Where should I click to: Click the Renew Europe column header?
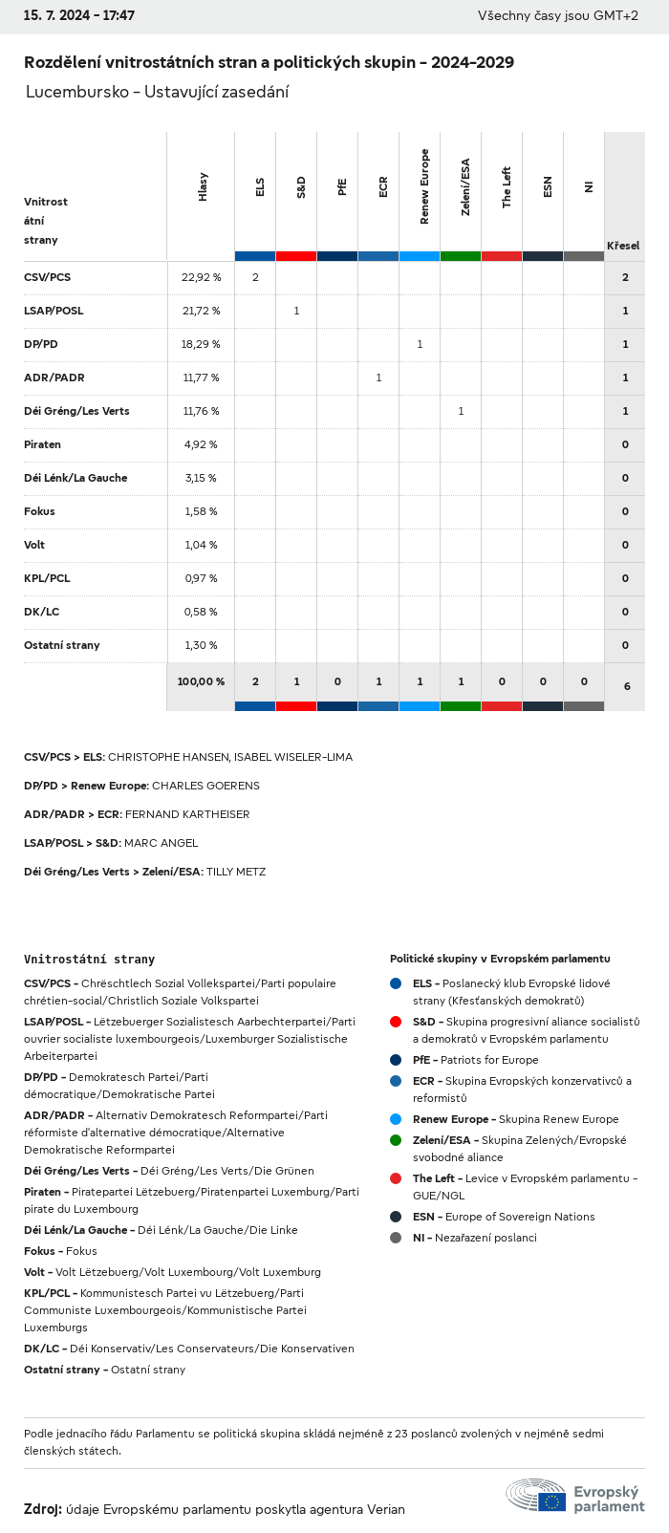pos(424,186)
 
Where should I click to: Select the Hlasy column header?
pos(203,186)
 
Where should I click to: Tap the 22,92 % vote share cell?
pos(201,277)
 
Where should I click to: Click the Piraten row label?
pos(42,444)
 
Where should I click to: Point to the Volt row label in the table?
pos(34,545)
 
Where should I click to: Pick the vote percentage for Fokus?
pos(201,511)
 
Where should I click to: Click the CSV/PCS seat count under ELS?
pos(255,277)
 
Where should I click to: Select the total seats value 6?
pos(626,686)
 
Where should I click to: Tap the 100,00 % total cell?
pos(201,681)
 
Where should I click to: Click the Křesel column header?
pos(623,246)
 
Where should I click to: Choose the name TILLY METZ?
pos(236,872)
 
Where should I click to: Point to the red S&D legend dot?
pos(396,1022)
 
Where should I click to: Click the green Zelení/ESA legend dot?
pos(396,1140)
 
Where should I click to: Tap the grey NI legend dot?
pos(396,1238)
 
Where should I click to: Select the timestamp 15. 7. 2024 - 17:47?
pos(79,16)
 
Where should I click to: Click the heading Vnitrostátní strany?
pos(89,959)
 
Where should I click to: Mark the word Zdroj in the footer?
pos(42,1509)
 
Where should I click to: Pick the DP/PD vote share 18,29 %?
pos(201,344)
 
